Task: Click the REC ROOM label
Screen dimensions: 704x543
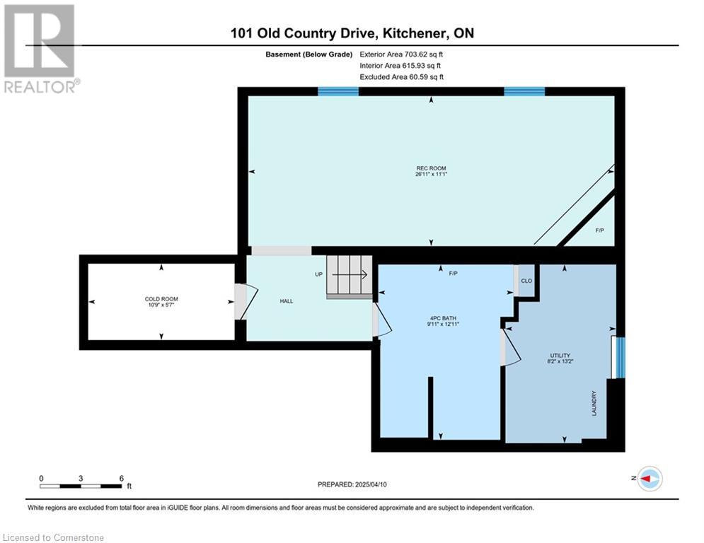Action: (x=431, y=168)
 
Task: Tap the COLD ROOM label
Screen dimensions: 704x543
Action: (x=161, y=299)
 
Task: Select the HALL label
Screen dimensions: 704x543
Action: (x=287, y=301)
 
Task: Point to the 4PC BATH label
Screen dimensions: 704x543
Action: (x=443, y=318)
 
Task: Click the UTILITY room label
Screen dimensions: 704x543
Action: (x=560, y=356)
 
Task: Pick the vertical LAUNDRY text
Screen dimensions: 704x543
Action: (x=594, y=403)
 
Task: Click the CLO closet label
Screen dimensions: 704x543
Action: (x=526, y=281)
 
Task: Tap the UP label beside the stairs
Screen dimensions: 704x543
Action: (x=319, y=274)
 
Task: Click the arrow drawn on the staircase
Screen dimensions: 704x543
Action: (x=350, y=274)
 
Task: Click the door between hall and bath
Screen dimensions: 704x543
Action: (x=381, y=320)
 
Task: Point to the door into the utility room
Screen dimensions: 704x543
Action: (x=511, y=347)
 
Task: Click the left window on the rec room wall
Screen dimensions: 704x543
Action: (x=338, y=91)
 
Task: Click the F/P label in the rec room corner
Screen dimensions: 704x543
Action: (x=600, y=230)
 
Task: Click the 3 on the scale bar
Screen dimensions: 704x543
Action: (x=81, y=479)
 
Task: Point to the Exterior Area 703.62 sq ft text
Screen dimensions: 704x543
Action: (x=401, y=54)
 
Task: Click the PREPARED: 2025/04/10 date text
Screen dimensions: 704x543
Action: (x=352, y=484)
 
